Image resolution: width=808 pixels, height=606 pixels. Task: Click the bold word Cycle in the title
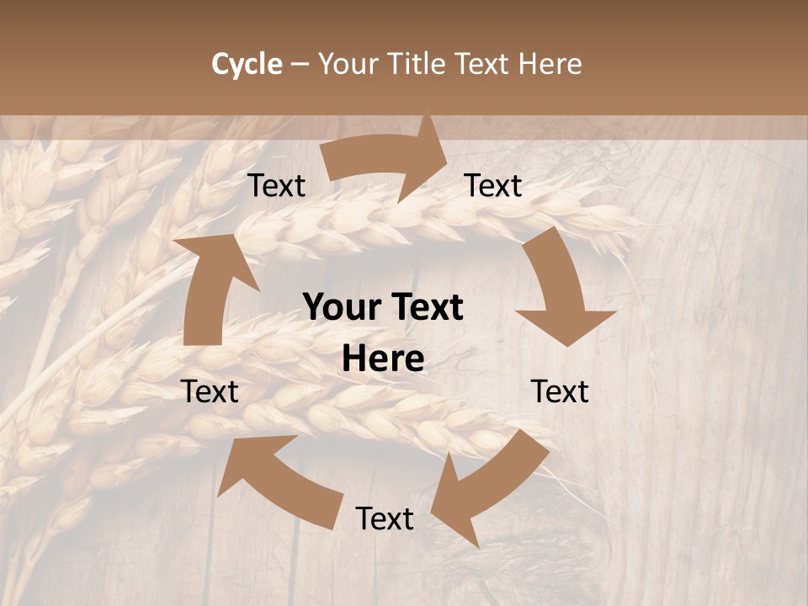(247, 64)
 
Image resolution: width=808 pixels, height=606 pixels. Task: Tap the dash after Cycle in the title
(300, 64)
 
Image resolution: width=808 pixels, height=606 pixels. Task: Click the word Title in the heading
(417, 64)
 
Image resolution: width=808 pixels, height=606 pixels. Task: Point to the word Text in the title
(485, 64)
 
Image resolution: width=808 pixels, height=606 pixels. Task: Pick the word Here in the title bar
(551, 64)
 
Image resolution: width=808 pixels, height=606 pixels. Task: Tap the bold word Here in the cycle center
(383, 359)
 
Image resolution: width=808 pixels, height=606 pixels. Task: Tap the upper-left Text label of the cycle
(276, 185)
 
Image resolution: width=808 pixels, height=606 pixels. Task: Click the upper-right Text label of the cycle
(493, 185)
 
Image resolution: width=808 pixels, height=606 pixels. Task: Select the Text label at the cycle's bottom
(385, 518)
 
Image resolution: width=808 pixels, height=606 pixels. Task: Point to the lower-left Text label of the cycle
(210, 391)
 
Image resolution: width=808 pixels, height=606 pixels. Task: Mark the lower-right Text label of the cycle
(560, 391)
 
